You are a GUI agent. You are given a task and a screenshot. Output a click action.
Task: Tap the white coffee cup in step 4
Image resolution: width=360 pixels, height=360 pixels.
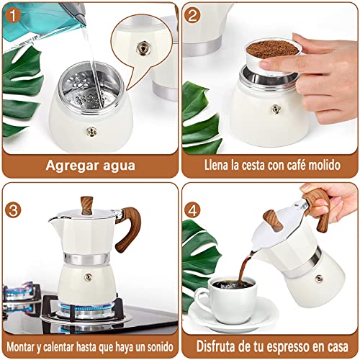point(227,294)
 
